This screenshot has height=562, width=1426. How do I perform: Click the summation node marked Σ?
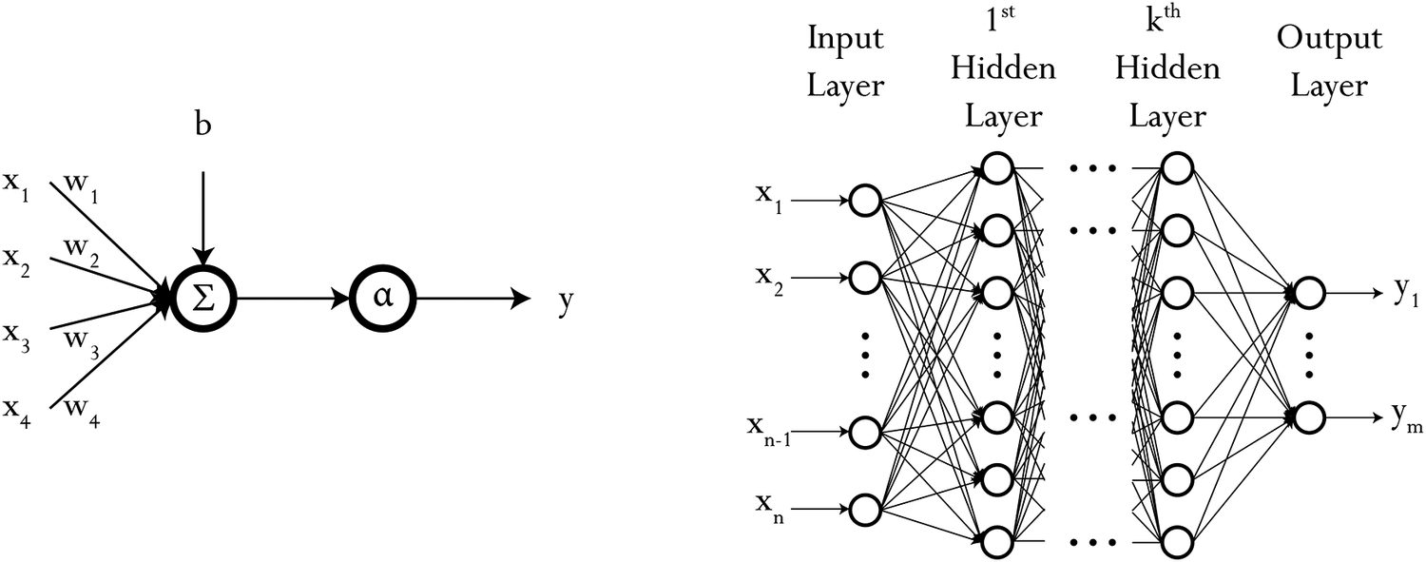coord(203,298)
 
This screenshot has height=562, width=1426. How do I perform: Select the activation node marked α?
coord(382,298)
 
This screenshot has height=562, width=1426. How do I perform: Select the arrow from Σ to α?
coord(291,298)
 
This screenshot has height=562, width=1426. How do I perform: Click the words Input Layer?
coord(845,63)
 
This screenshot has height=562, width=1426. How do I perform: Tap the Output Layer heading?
coord(1329,63)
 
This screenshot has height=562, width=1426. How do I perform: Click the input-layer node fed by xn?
coord(864,509)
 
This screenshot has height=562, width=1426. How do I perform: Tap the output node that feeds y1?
coord(1308,293)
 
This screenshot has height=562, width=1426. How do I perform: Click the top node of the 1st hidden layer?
coord(996,169)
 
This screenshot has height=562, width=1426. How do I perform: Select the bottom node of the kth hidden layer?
coord(1176,540)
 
